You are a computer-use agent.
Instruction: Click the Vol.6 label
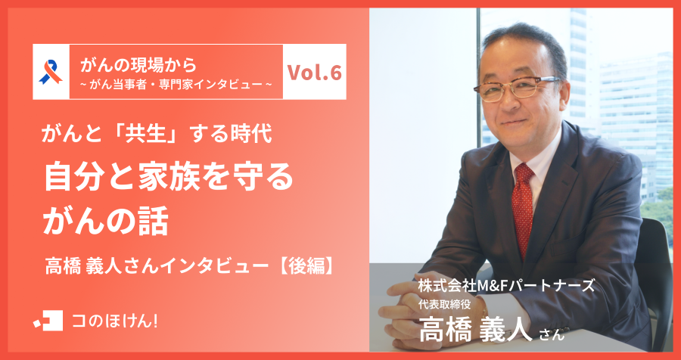click(x=315, y=73)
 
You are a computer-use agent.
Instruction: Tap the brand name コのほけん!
click(x=114, y=320)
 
